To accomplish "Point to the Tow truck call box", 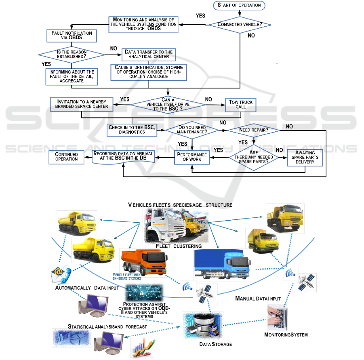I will pyautogui.click(x=241, y=104).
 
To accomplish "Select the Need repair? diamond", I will pyautogui.click(x=254, y=130).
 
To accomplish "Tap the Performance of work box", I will pyautogui.click(x=192, y=157).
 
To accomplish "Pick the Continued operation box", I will pyautogui.click(x=66, y=157).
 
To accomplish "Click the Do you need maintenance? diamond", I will pyautogui.click(x=192, y=130).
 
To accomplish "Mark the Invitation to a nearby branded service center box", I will pyautogui.click(x=81, y=104).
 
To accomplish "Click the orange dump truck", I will pyautogui.click(x=143, y=262).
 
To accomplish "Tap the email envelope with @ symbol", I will pyautogui.click(x=59, y=276).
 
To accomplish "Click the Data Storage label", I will pyautogui.click(x=216, y=344).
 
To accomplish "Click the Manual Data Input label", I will pyautogui.click(x=257, y=298).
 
